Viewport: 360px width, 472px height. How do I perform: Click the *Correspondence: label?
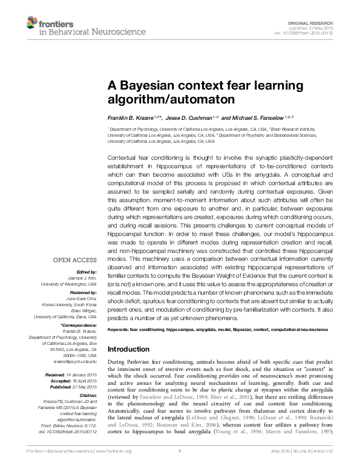point(79,326)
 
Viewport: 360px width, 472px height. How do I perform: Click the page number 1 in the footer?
point(180,467)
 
